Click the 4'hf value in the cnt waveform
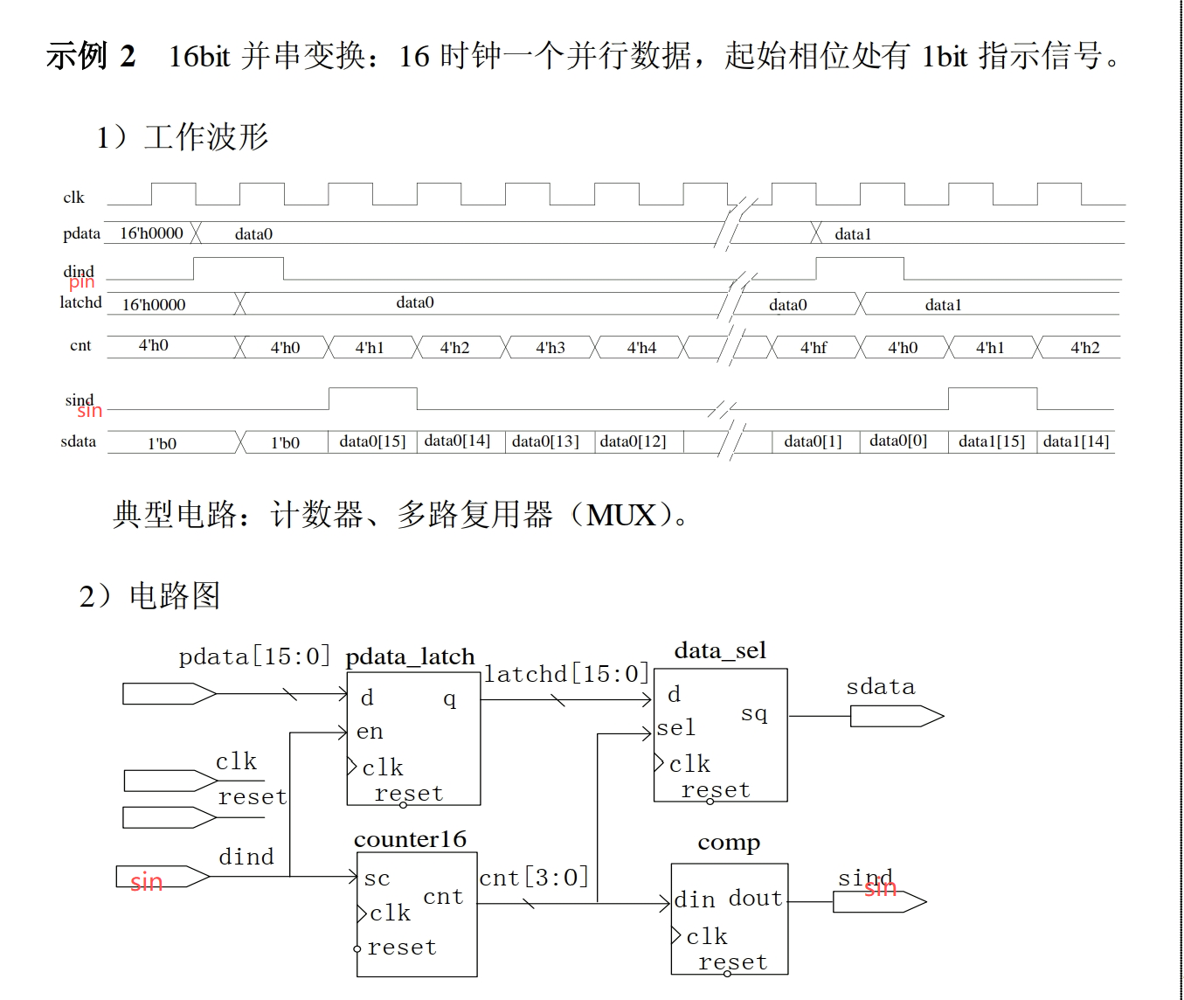[x=813, y=348]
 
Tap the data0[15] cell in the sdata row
[x=372, y=441]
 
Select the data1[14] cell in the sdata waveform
[x=1076, y=441]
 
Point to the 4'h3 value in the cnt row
[x=550, y=348]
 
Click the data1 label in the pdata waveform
[x=853, y=234]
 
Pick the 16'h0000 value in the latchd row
[x=154, y=305]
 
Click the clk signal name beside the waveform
[x=73, y=198]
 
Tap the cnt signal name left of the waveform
[x=80, y=346]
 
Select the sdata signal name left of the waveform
[x=79, y=441]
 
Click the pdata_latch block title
[x=410, y=656]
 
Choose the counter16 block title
[x=410, y=839]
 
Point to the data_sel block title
[x=720, y=650]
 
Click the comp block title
[x=729, y=843]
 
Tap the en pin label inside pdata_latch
[x=370, y=732]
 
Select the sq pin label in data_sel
[x=754, y=714]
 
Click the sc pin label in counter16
[x=377, y=878]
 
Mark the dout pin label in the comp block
[x=756, y=899]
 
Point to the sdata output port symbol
[x=897, y=717]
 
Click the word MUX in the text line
[x=621, y=515]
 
